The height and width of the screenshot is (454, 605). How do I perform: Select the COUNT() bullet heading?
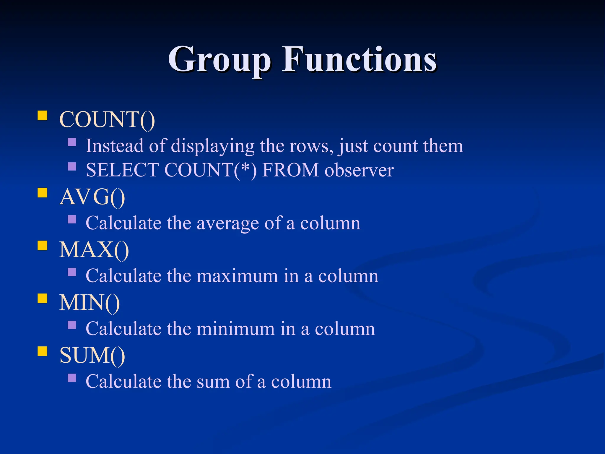click(x=107, y=119)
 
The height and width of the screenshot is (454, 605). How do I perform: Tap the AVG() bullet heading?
click(x=92, y=197)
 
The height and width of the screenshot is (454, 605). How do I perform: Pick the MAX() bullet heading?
click(x=94, y=250)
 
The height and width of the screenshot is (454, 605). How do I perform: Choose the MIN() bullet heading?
click(x=90, y=302)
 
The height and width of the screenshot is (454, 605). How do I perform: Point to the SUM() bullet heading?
click(x=92, y=355)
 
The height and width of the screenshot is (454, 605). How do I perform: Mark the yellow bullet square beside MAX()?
click(x=43, y=246)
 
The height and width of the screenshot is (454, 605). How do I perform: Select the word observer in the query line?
click(x=359, y=170)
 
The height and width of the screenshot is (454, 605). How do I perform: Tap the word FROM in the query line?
click(x=290, y=170)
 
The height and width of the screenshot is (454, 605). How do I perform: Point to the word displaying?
click(x=213, y=146)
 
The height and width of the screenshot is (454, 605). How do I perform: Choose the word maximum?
click(x=237, y=276)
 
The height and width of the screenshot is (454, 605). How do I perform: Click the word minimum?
click(x=235, y=329)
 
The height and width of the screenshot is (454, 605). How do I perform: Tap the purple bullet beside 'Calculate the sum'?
click(x=72, y=378)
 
